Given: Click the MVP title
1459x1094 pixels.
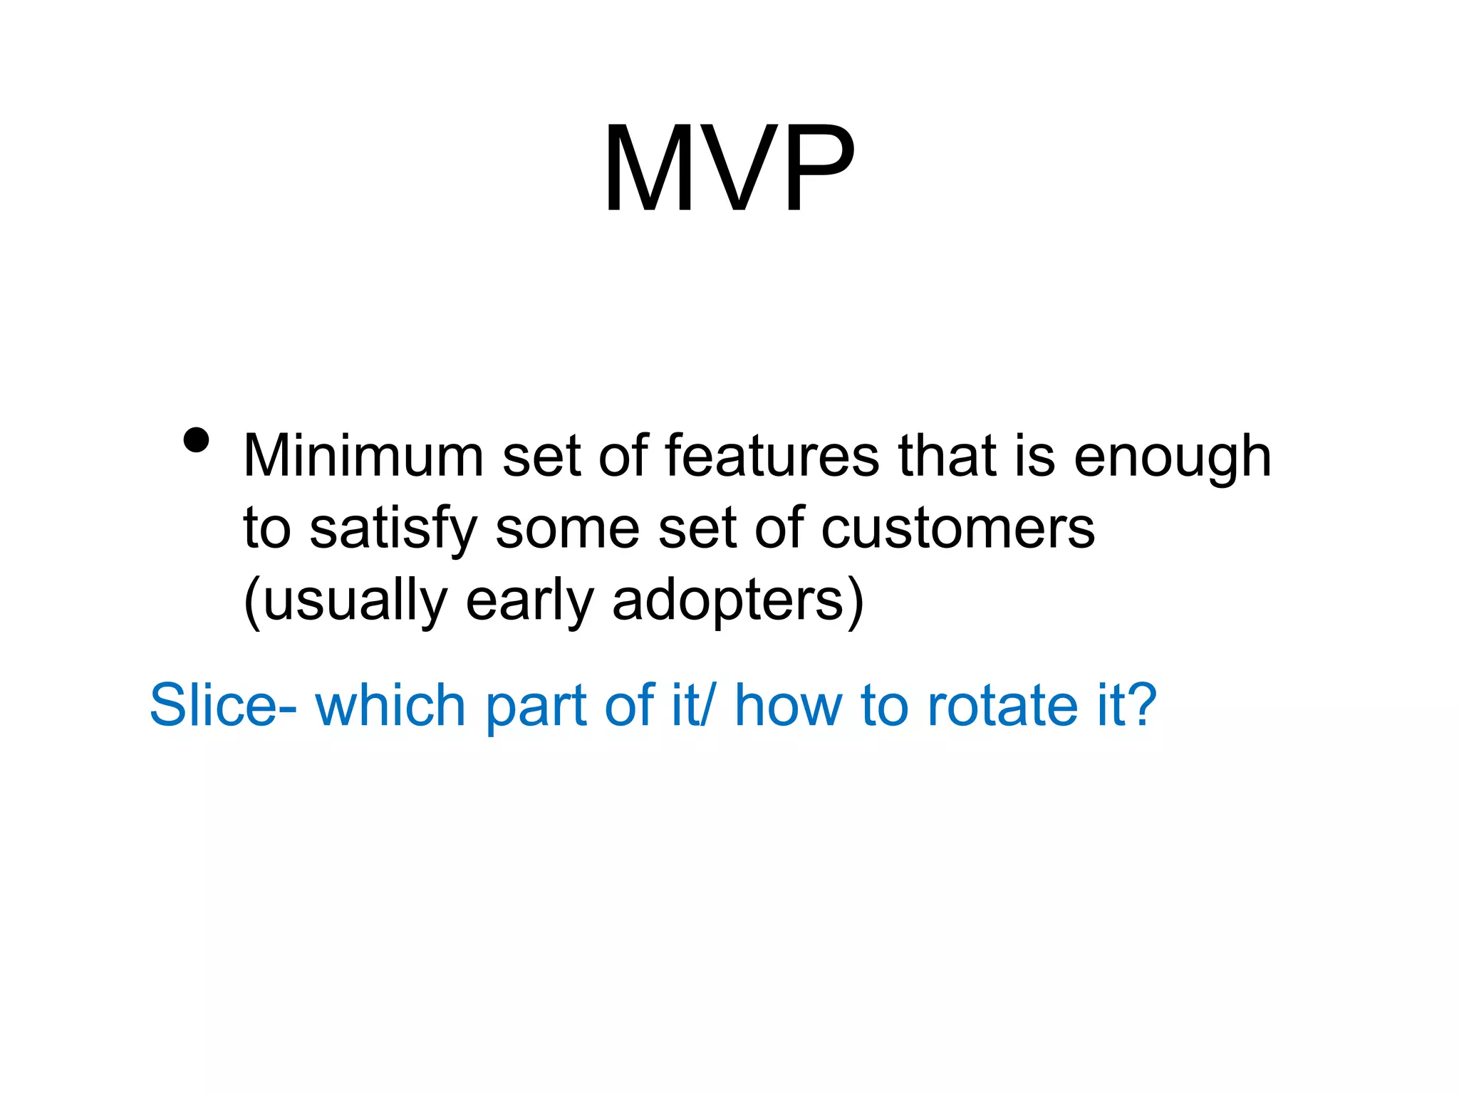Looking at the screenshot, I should coord(729,169).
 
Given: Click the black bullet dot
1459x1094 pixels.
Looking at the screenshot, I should coord(196,440).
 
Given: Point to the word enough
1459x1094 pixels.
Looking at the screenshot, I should coord(1172,458).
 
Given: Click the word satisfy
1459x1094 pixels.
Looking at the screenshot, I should coord(393,530).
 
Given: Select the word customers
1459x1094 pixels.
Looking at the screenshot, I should coord(958,528).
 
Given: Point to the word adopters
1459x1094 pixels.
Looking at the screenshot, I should coord(728,601).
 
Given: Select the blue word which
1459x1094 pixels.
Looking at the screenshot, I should coord(390,704).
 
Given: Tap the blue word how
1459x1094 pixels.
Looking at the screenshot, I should coord(789,704).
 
